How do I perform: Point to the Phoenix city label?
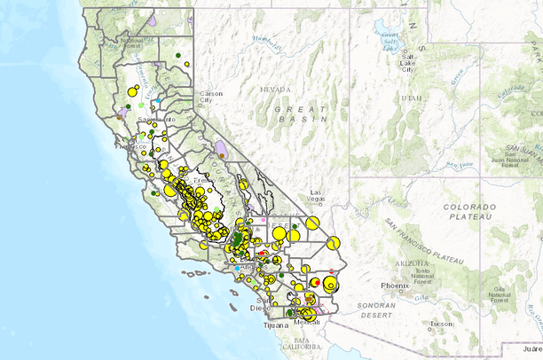394,286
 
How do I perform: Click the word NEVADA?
275,90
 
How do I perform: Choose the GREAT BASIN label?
302,113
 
